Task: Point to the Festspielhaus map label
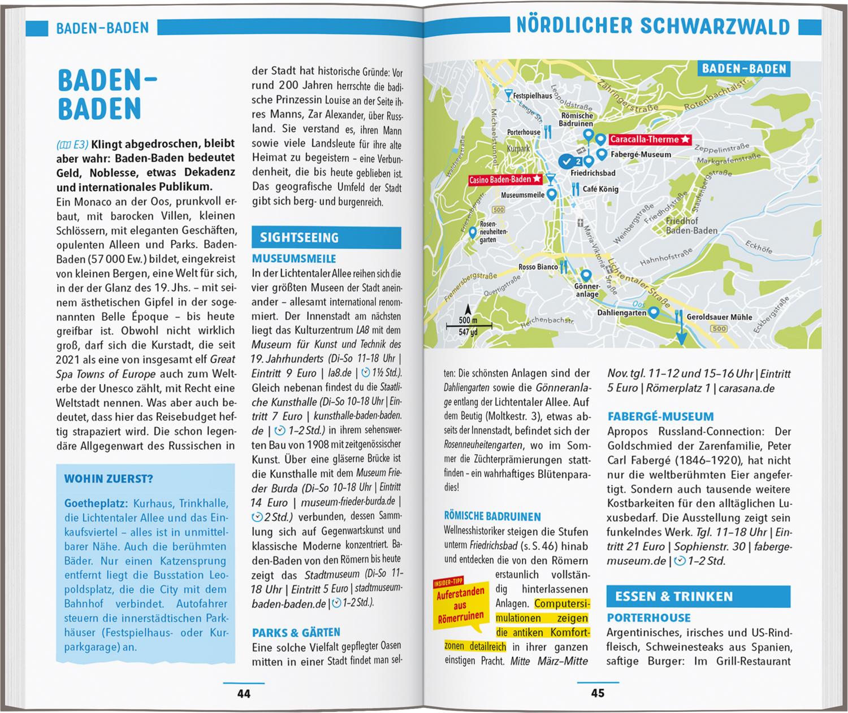[532, 96]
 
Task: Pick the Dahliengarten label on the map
[621, 312]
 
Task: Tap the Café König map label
[600, 189]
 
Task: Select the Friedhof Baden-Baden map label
[691, 226]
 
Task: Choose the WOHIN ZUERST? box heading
[108, 479]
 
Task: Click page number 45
[598, 693]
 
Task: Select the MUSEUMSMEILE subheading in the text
[294, 259]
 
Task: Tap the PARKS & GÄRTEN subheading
[296, 632]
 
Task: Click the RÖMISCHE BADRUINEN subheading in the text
[492, 516]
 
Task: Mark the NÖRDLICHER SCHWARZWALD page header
[653, 27]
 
